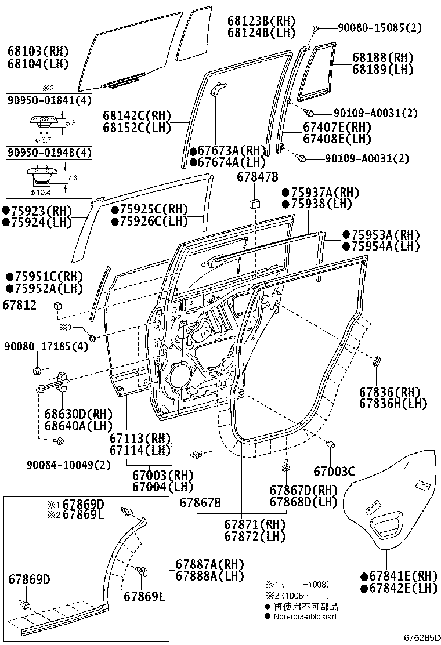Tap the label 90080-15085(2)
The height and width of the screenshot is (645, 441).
(x=373, y=27)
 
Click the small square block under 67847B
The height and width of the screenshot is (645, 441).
(x=254, y=204)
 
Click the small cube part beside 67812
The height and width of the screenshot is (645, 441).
(x=57, y=305)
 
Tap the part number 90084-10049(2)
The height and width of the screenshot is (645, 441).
(x=68, y=465)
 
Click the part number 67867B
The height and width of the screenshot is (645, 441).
(x=200, y=502)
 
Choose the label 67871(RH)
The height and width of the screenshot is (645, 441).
(x=255, y=524)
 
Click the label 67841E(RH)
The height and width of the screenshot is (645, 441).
(x=398, y=575)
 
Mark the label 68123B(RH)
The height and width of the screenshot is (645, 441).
(x=261, y=21)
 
